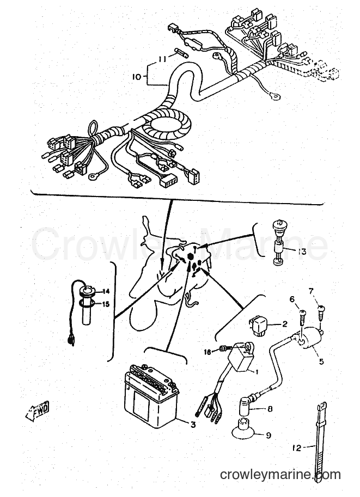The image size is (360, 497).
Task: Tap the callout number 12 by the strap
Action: [x=298, y=448]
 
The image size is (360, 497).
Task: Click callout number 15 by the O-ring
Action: [x=106, y=305]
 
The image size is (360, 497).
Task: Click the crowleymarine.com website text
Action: [x=280, y=475]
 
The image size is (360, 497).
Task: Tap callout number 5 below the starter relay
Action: [x=321, y=361]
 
